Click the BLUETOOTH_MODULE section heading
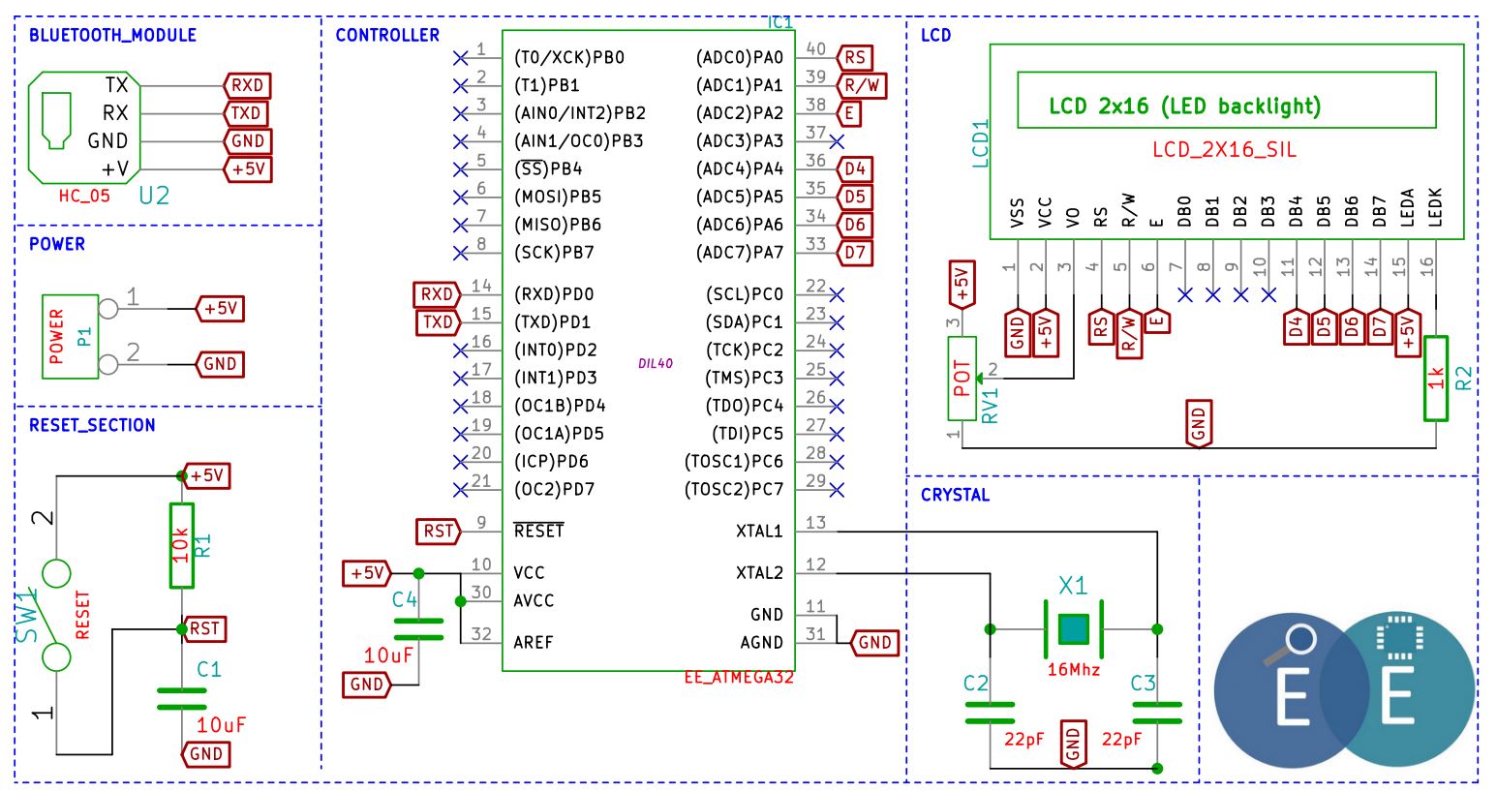[x=112, y=36]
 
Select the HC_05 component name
[x=84, y=196]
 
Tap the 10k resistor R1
[x=182, y=545]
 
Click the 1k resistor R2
[x=1436, y=379]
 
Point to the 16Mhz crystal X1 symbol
[x=1073, y=629]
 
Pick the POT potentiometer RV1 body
[x=962, y=379]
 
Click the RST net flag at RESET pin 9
[x=439, y=532]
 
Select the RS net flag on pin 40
[x=855, y=57]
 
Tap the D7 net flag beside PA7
[x=855, y=253]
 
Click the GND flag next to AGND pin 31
[x=874, y=642]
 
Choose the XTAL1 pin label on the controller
[x=758, y=532]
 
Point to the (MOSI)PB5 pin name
[x=558, y=197]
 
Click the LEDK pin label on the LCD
[x=1435, y=207]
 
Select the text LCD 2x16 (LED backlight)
[x=1184, y=106]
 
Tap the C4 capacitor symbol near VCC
[x=418, y=629]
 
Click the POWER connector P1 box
[x=70, y=337]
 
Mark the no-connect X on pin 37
[x=837, y=141]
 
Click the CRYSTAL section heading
[x=955, y=496]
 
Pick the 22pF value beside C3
[x=1121, y=739]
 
